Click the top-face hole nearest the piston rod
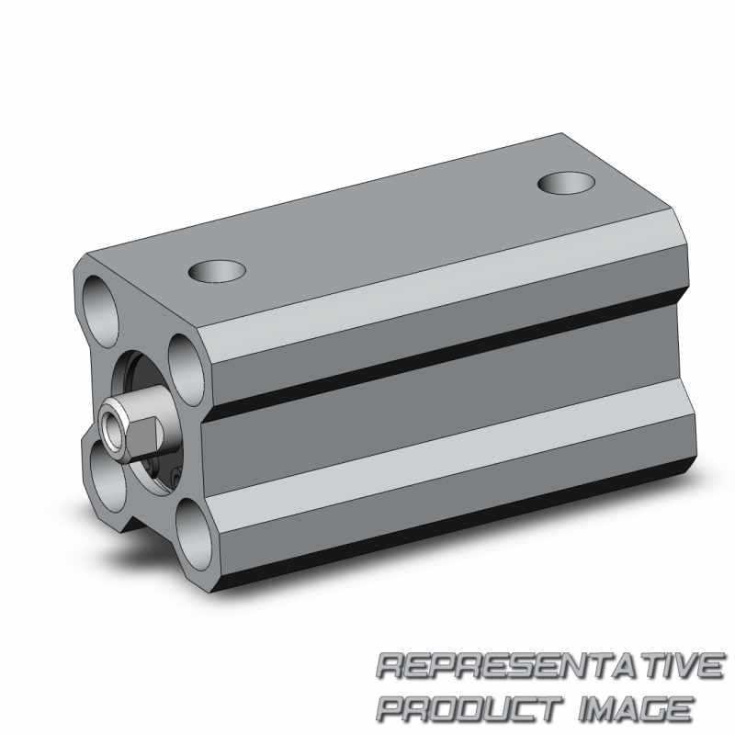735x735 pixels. (x=217, y=271)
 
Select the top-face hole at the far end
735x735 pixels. (x=567, y=183)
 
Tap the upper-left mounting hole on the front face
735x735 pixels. (x=101, y=311)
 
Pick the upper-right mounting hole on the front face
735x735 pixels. (x=187, y=369)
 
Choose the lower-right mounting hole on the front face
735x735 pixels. (x=194, y=535)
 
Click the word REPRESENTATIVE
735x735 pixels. (x=549, y=665)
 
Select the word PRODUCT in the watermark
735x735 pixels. (x=470, y=707)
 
